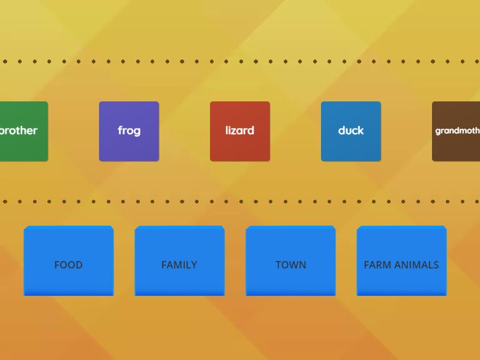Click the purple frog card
point(129,131)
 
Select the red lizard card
point(240,131)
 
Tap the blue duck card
point(351,131)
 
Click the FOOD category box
point(68,261)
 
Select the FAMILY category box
point(179,261)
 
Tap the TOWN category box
point(290,261)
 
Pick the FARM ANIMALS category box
point(401,261)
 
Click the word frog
point(129,131)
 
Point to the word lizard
point(240,131)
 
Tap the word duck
point(351,131)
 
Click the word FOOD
point(68,265)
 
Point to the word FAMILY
point(179,265)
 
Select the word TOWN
point(290,265)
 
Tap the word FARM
point(376,265)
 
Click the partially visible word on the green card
point(19,130)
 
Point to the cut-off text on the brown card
point(457,130)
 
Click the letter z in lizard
point(238,131)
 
